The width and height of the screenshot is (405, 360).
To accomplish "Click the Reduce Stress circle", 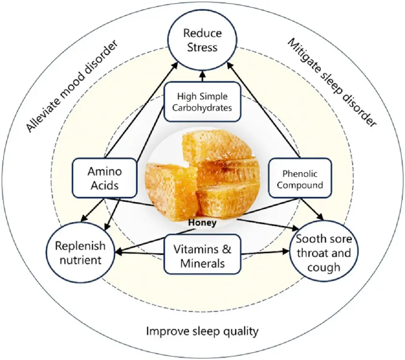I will point(202,41).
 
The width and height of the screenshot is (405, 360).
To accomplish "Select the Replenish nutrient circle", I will point(81,253).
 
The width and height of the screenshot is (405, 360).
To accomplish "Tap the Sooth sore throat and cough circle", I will point(324,253).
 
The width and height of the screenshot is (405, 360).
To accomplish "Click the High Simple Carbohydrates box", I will point(202,102).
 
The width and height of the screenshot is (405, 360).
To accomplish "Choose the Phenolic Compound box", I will point(300,178).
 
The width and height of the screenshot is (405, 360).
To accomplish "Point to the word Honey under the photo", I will point(202,223).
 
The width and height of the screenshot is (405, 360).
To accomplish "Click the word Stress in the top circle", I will point(202,48).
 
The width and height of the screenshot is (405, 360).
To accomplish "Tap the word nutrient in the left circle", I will point(81,260).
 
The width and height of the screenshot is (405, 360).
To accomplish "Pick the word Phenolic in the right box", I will point(300,173).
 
